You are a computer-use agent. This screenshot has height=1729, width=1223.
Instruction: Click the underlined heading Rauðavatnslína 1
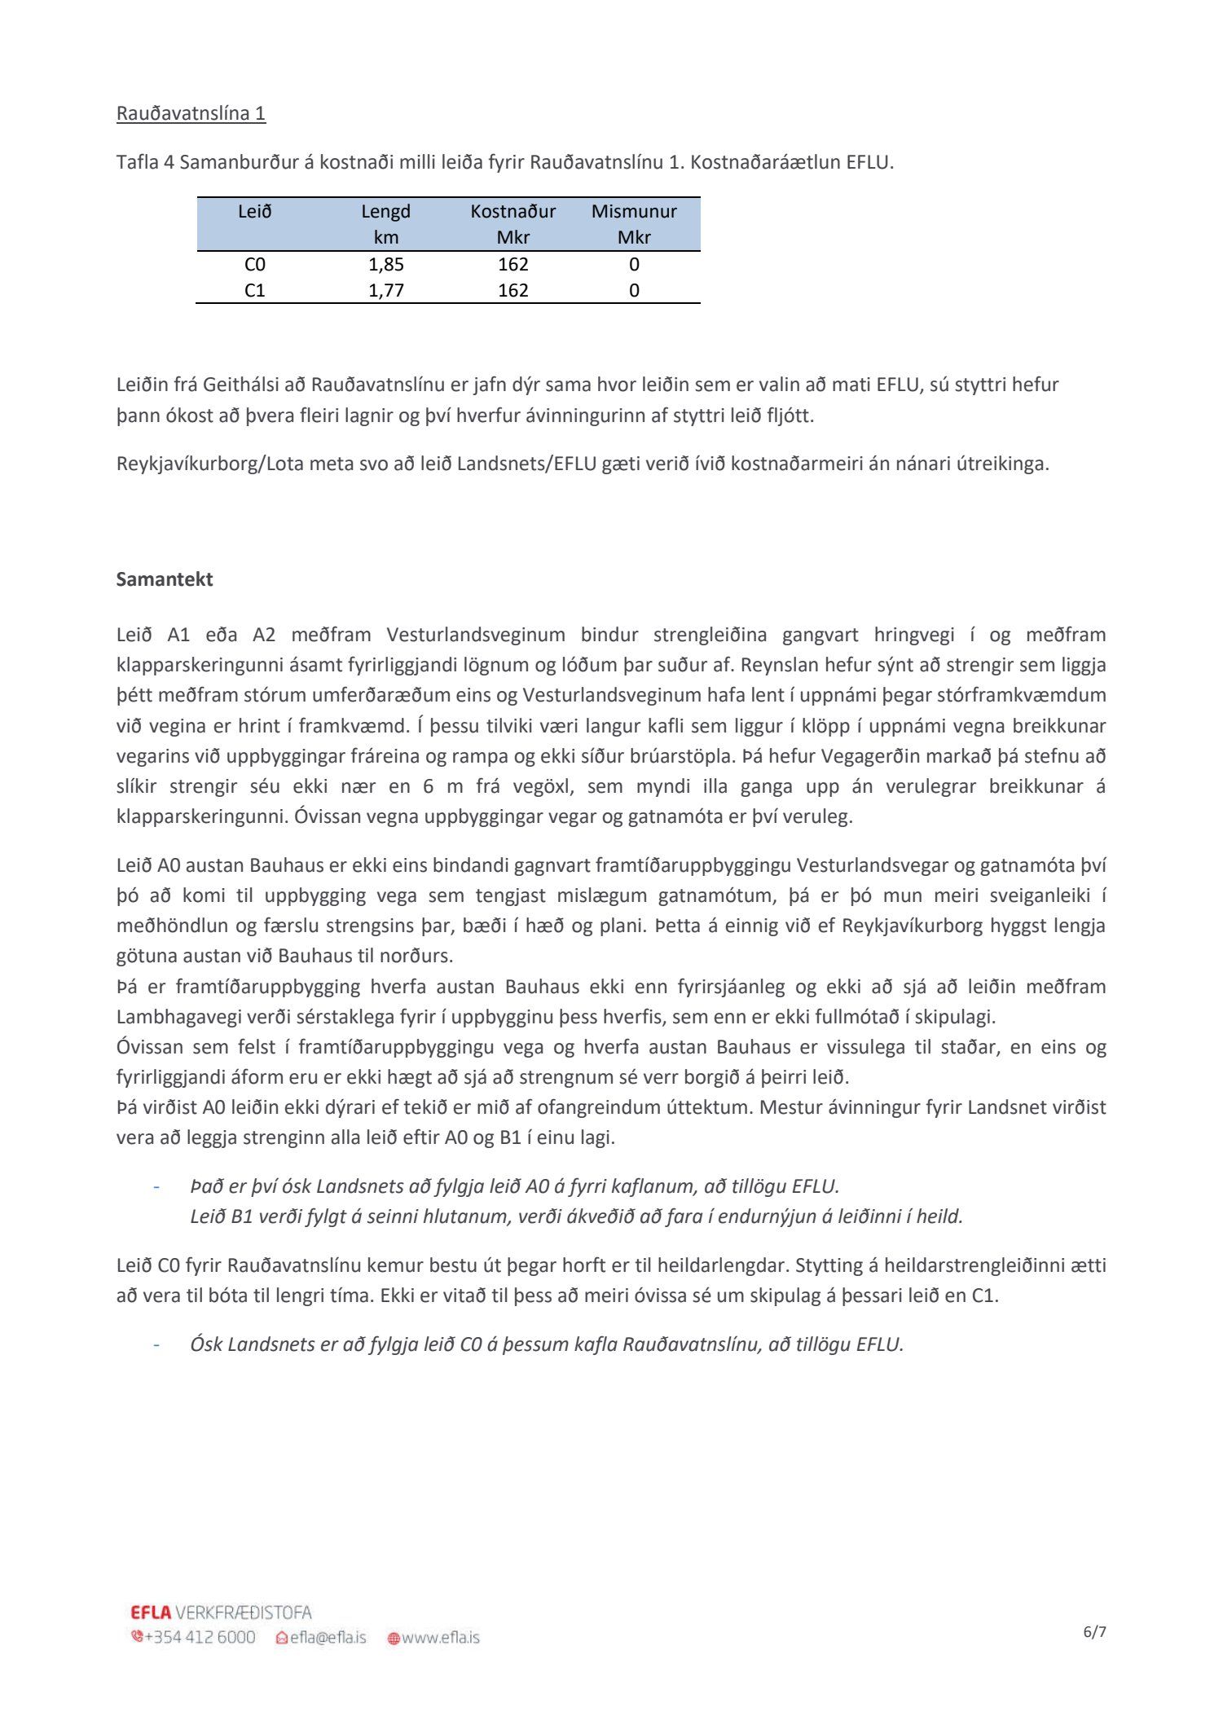[x=191, y=113]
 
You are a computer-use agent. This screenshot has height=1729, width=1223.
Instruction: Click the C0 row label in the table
[x=255, y=264]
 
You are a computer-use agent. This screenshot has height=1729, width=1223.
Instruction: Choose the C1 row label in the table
[x=255, y=290]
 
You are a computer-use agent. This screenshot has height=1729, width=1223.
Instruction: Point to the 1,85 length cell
[x=386, y=264]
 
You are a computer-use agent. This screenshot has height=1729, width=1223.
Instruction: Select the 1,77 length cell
[x=386, y=290]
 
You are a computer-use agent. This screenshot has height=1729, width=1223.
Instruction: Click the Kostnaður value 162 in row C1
[x=513, y=290]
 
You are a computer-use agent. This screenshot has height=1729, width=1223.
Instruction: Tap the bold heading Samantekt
[x=165, y=579]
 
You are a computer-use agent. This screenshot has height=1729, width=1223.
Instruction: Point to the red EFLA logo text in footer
[x=151, y=1612]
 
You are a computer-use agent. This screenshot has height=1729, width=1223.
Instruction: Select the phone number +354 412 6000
[x=200, y=1637]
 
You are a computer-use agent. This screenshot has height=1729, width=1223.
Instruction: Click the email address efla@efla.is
[x=328, y=1637]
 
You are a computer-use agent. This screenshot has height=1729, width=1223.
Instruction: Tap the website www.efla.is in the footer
[x=440, y=1637]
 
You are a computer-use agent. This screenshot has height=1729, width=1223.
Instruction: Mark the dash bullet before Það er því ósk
[x=155, y=1186]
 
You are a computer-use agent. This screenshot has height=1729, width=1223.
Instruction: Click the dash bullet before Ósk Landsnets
[x=155, y=1344]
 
